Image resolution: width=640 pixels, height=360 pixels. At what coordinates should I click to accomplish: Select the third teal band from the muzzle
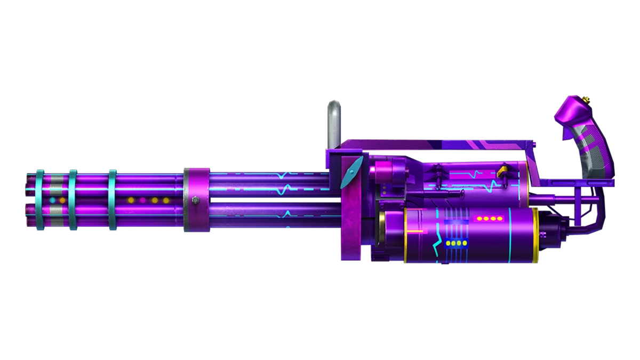tap(113, 201)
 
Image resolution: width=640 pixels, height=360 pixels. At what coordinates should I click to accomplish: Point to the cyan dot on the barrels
tap(52, 201)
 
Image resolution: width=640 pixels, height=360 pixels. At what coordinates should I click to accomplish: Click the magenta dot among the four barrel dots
tap(142, 201)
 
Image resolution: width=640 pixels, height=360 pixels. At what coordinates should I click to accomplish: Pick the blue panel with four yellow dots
tap(454, 244)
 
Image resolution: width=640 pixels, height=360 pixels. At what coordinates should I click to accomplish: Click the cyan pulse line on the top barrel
tap(288, 174)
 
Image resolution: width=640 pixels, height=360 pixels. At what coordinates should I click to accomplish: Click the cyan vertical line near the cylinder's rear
tap(510, 235)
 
